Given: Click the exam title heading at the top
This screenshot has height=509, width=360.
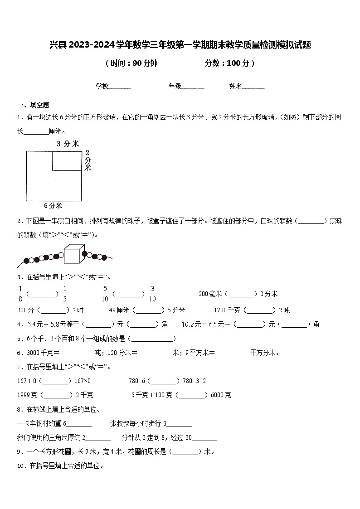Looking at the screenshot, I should [x=180, y=45].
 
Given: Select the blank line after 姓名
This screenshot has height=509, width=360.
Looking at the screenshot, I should [x=253, y=87].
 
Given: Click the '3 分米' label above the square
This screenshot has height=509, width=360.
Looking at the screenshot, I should [x=68, y=144].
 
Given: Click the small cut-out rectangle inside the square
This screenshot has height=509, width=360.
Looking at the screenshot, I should [x=67, y=161].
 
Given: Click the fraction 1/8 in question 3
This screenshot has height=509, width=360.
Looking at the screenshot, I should [x=20, y=294].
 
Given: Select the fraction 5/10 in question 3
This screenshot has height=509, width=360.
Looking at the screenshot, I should [x=105, y=294].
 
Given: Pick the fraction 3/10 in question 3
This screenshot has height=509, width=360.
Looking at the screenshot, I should [x=152, y=294].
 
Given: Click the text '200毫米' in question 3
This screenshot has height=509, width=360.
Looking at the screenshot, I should [x=210, y=294].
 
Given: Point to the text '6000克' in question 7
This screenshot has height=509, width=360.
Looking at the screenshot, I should [x=221, y=395].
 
